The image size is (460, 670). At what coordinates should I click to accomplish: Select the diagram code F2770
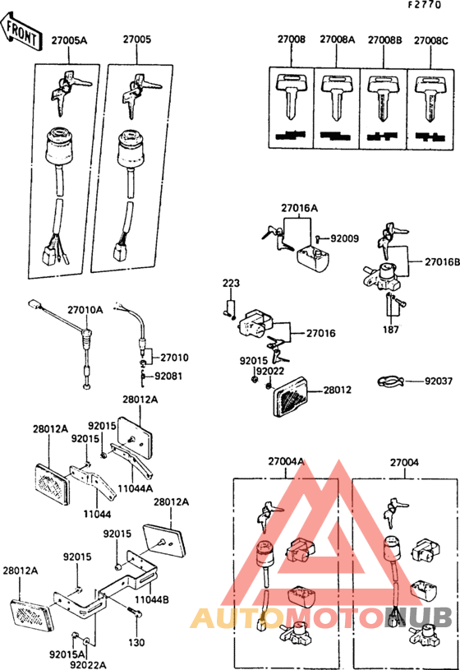pyautogui.click(x=431, y=6)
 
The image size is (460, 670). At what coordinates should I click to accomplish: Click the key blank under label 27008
pyautogui.click(x=291, y=97)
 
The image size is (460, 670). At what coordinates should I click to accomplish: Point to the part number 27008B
pyautogui.click(x=384, y=39)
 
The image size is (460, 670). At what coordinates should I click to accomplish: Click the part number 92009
pyautogui.click(x=345, y=238)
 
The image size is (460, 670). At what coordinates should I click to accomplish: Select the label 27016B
pyautogui.click(x=442, y=261)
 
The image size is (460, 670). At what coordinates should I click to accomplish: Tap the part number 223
pyautogui.click(x=230, y=284)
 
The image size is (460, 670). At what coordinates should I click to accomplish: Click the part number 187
pyautogui.click(x=391, y=330)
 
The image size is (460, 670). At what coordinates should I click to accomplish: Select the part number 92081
pyautogui.click(x=170, y=377)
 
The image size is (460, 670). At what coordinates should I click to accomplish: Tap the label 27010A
pyautogui.click(x=85, y=310)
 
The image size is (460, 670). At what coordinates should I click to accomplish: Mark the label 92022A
pyautogui.click(x=88, y=663)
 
